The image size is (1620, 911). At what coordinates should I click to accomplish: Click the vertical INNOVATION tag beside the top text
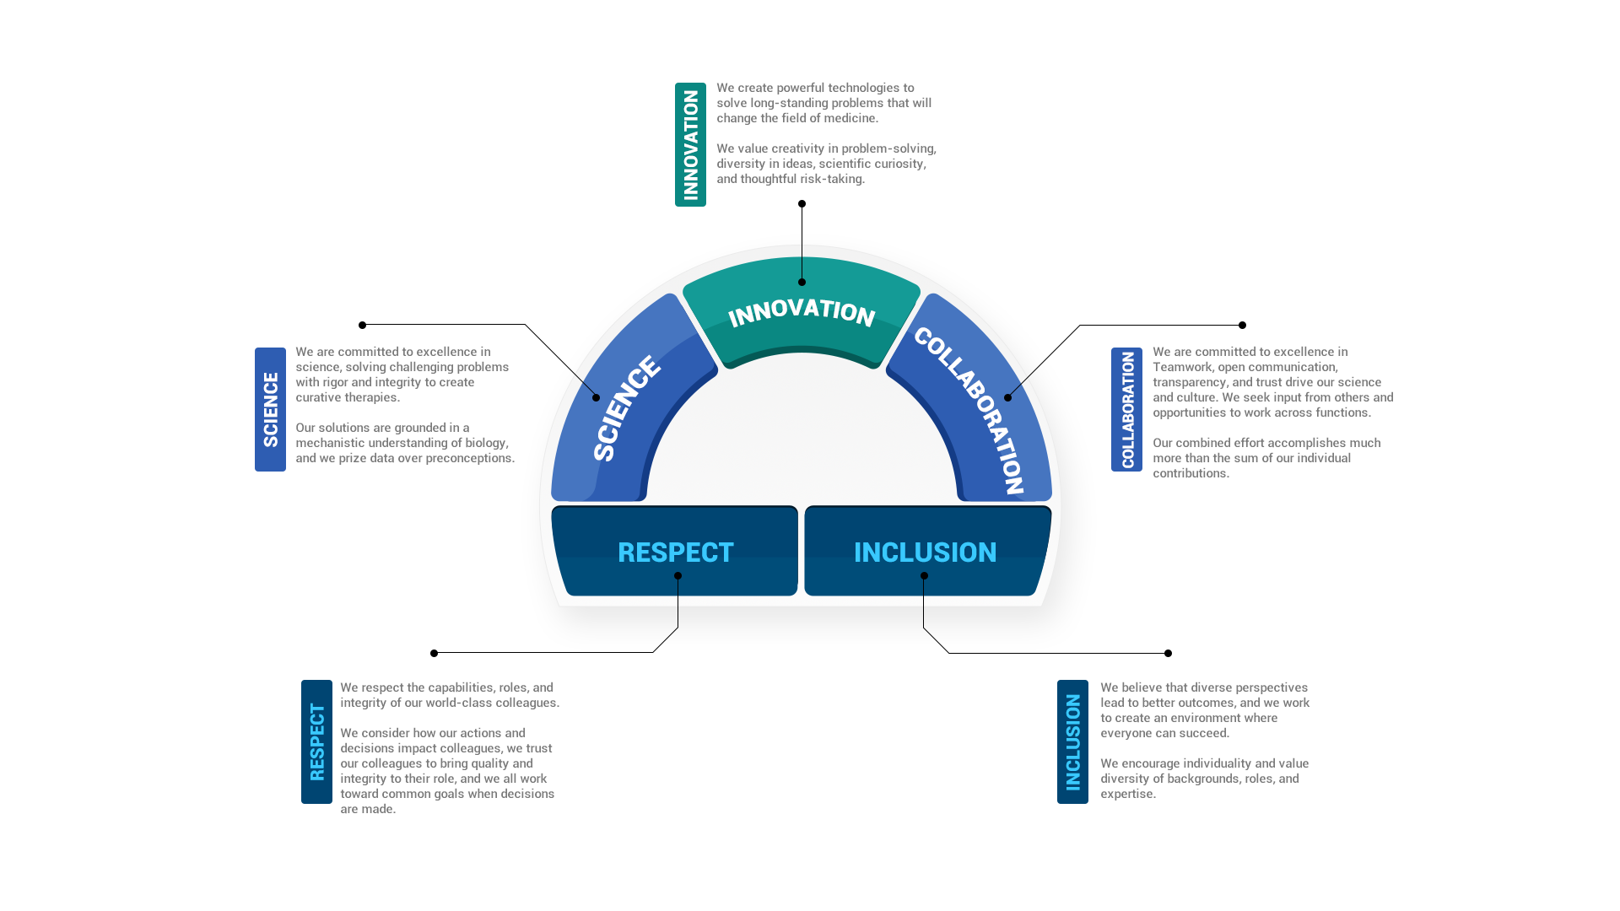tap(690, 145)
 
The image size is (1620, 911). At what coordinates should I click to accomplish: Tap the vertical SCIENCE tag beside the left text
tap(270, 409)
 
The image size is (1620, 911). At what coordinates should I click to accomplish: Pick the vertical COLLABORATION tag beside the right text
tap(1126, 409)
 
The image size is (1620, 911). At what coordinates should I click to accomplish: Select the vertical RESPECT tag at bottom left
tap(316, 741)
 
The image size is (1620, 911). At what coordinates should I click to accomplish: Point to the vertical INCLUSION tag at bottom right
tap(1072, 741)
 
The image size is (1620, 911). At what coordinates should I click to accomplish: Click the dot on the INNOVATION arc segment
tap(802, 282)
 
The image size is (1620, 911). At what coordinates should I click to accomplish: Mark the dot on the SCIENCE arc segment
tap(596, 397)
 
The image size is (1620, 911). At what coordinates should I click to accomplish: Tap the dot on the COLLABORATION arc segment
tap(1007, 397)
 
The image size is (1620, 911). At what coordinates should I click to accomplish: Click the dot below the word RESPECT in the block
tap(678, 576)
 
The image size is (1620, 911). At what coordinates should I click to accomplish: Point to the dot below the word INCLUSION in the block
tap(924, 576)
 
